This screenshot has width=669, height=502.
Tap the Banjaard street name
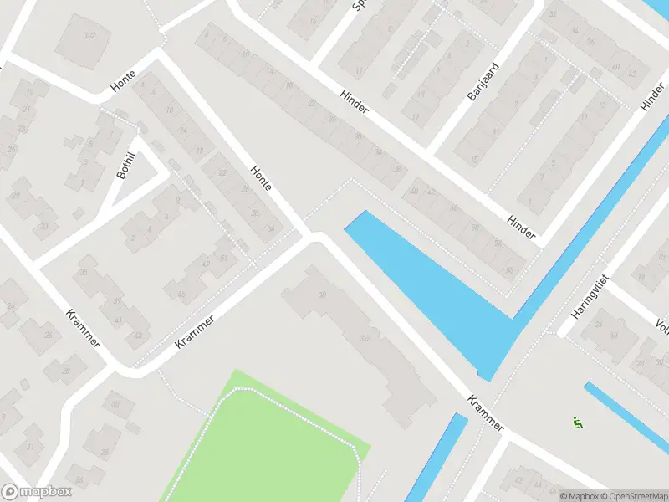(483, 82)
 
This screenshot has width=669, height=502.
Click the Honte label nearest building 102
(123, 81)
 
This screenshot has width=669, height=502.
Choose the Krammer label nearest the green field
(195, 331)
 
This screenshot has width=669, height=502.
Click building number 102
(89, 35)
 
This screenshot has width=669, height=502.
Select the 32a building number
(364, 339)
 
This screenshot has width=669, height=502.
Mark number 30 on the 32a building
(323, 295)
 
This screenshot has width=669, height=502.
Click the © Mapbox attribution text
(580, 495)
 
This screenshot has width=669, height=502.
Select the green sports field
(268, 443)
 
